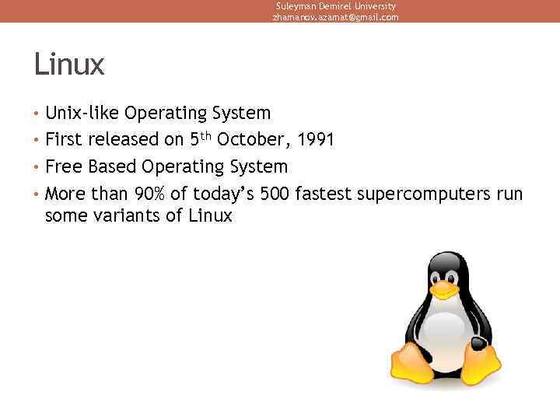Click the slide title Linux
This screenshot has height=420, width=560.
click(x=68, y=65)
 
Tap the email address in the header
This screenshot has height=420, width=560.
click(x=335, y=17)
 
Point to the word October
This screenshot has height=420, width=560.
click(x=246, y=140)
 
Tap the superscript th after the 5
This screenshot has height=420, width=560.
click(x=206, y=136)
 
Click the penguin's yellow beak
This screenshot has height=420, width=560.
click(x=443, y=289)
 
